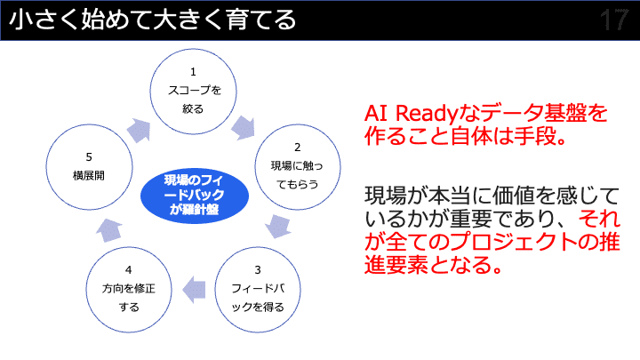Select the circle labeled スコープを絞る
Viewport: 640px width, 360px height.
tap(193, 90)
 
